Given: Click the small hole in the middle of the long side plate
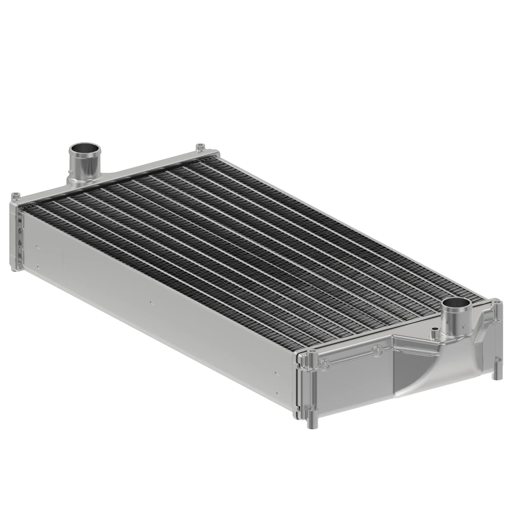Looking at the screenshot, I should coord(151,302).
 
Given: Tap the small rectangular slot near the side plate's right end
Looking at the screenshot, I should coord(276,373).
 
